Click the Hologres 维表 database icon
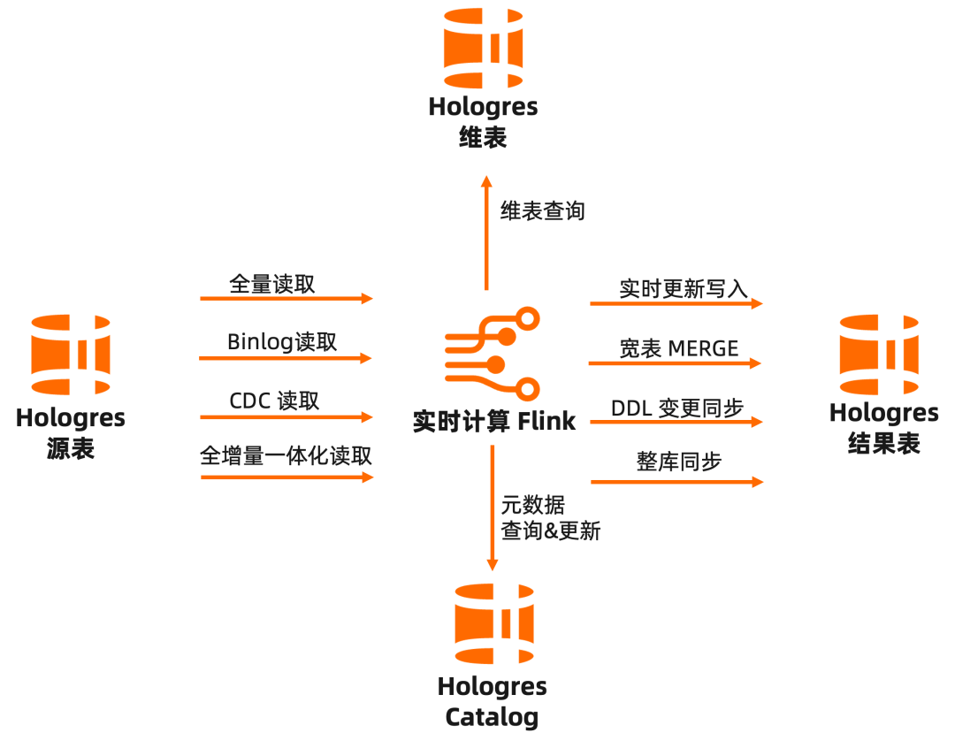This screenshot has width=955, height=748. point(483,50)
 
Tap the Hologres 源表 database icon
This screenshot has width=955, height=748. point(71,355)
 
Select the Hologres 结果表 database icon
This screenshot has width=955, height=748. point(879,355)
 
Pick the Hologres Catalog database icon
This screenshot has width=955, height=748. point(494,624)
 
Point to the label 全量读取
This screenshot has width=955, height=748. point(271,284)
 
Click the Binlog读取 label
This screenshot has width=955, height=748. point(282,342)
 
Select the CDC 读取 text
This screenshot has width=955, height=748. point(274,401)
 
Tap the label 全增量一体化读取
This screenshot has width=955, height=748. point(286,456)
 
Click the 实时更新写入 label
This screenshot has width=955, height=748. point(684,289)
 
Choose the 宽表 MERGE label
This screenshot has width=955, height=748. point(678,348)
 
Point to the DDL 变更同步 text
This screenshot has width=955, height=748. point(677,408)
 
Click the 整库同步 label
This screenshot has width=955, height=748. point(679,462)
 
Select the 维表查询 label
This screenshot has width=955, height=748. point(542,211)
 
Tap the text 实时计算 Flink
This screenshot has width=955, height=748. point(494,422)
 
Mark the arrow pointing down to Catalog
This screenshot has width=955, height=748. point(493,508)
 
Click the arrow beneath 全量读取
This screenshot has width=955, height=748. point(286,299)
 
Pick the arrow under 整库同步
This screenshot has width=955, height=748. point(676,482)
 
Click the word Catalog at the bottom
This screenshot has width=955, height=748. point(492,716)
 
